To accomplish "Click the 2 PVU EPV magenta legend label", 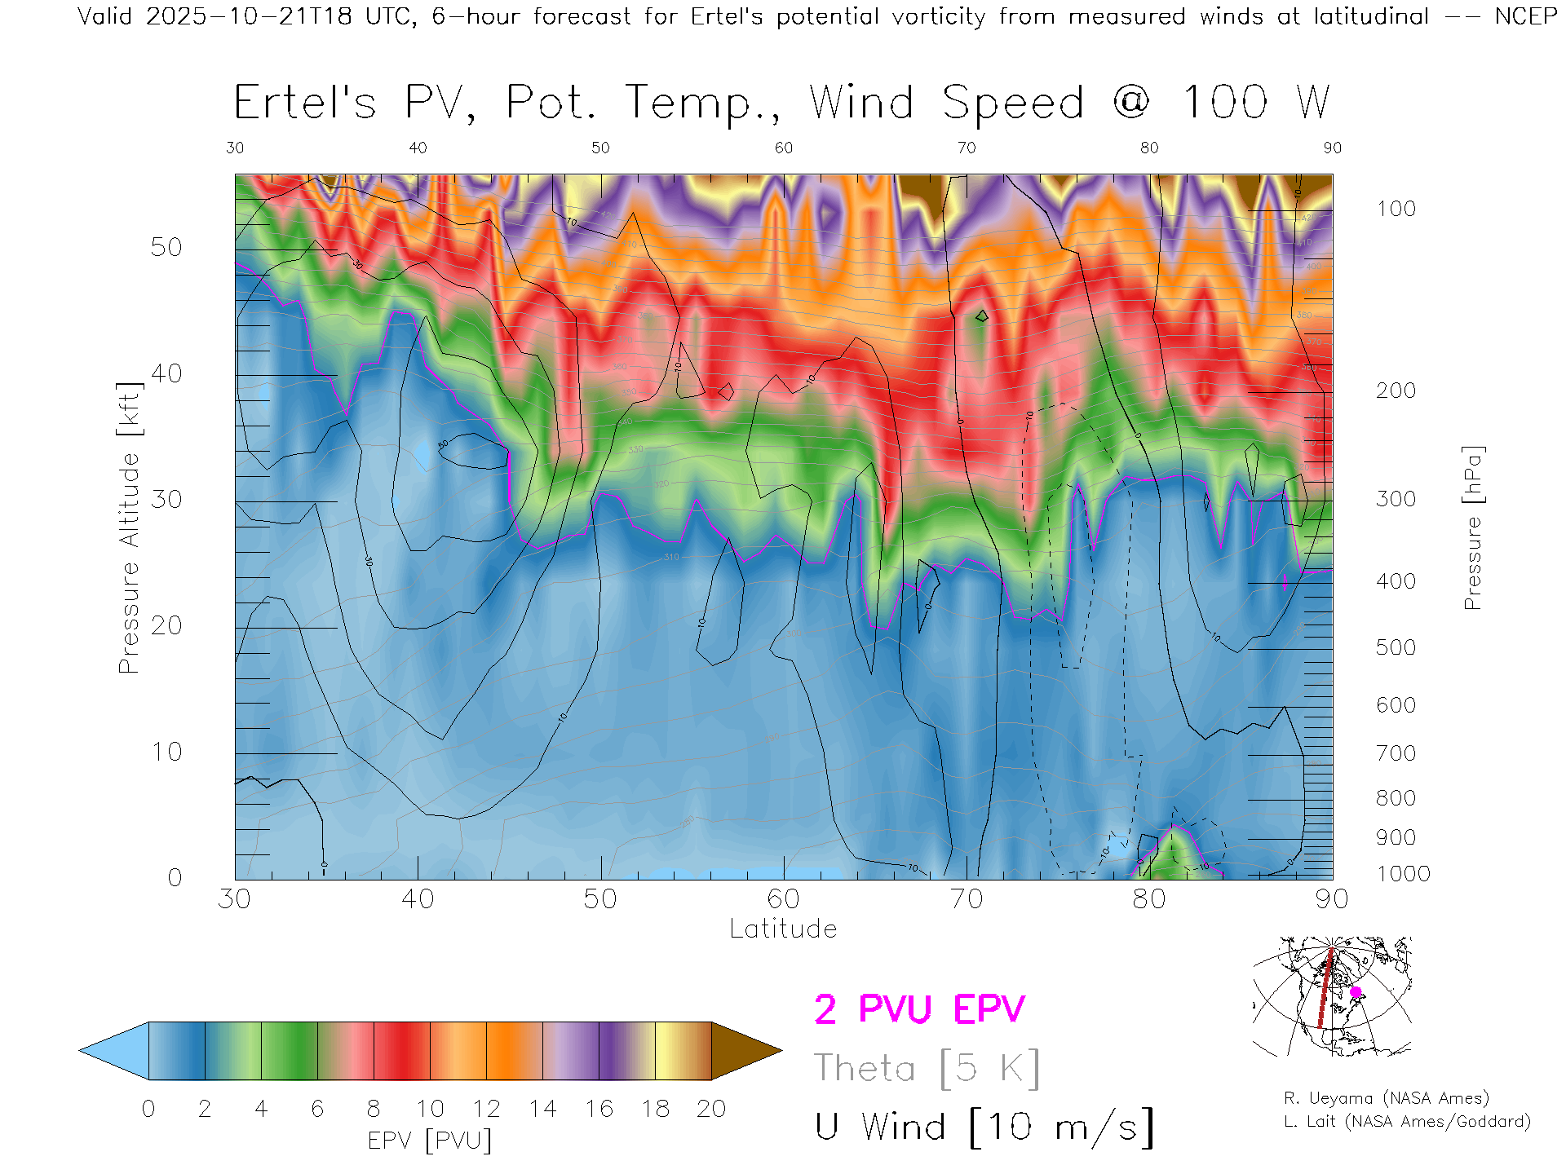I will click(919, 1009).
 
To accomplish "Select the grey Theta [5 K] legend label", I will click(927, 1068).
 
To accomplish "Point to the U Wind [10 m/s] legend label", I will click(984, 1127).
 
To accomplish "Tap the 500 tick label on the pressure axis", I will click(1396, 647).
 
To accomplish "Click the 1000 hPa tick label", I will click(1403, 874).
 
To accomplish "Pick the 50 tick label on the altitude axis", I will click(166, 247).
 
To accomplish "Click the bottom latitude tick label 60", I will click(783, 898).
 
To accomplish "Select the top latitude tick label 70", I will click(966, 148).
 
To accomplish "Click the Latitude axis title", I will click(783, 929).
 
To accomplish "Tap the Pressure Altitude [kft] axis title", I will click(129, 527).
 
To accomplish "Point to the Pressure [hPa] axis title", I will click(1473, 527).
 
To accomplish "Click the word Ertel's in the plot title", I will click(305, 104).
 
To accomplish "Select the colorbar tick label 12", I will click(486, 1109).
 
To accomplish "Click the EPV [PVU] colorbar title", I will click(430, 1141).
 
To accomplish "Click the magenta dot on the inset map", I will click(1356, 992).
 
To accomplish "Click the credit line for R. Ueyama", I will click(1386, 1098).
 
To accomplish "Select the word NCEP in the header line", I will click(1525, 16).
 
